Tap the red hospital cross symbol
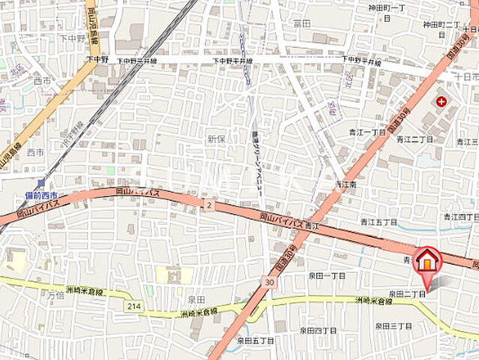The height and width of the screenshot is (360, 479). [x=440, y=100]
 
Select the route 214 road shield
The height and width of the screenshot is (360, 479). [x=133, y=306]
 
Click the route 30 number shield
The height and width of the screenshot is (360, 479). [x=268, y=281]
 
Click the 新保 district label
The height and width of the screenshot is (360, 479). [x=217, y=139]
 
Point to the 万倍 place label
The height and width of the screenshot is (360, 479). [x=56, y=295]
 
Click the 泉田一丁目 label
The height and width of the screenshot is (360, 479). [x=328, y=276]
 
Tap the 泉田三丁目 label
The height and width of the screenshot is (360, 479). [x=394, y=326]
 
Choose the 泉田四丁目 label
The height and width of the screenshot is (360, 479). [x=319, y=330]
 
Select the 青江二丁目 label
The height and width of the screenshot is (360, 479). [x=415, y=139]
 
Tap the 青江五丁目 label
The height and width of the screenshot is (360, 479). [x=378, y=222]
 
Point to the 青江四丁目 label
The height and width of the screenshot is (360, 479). [x=460, y=217]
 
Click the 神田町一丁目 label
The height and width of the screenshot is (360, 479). [x=386, y=7]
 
